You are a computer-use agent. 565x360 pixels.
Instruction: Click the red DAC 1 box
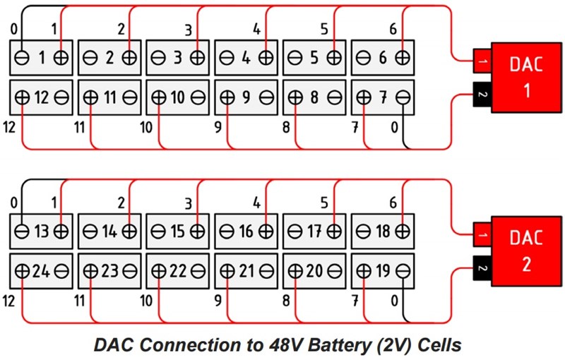coord(523,77)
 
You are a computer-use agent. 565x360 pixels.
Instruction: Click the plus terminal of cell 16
coord(266,232)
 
